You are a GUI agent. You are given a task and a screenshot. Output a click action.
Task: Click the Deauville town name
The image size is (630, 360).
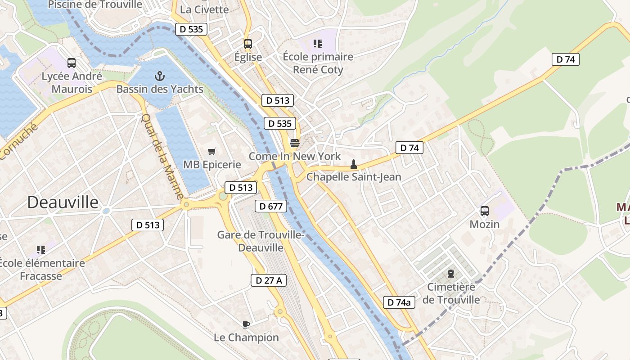pos(63,202)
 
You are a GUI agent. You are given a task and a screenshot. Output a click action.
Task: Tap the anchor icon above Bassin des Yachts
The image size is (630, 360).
pos(159,76)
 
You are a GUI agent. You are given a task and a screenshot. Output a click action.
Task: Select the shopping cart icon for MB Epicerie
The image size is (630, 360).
pos(211,151)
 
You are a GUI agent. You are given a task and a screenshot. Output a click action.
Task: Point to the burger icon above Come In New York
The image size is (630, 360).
pos(295,143)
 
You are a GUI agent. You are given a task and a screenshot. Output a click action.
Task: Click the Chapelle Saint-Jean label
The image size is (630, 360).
pos(354,177)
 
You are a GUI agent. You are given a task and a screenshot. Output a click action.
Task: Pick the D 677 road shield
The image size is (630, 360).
pos(271,207)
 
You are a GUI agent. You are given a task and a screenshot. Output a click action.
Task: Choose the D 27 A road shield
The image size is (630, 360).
pos(269,280)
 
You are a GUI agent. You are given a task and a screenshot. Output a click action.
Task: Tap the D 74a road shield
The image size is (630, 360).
pos(399,302)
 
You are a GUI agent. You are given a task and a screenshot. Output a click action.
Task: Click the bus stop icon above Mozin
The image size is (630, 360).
pos(485,211)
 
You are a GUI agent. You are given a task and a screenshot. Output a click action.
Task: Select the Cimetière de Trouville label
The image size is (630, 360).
pos(451,293)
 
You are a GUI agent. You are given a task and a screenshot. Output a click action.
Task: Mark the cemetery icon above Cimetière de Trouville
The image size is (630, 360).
pos(450,273)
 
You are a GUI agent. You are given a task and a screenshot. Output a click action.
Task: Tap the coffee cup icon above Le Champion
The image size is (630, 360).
pos(246,324)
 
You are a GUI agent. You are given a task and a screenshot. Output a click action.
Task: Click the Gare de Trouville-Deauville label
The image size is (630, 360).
pos(261,241)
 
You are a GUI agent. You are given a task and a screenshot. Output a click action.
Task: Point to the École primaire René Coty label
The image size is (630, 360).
pos(318,63)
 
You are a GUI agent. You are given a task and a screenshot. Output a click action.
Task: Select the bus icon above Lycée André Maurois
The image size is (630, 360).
pos(71,63)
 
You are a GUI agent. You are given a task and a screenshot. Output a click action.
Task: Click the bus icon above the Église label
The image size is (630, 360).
pos(248,44)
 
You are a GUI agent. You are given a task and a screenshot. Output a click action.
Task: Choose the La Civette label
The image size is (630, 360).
pos(204,9)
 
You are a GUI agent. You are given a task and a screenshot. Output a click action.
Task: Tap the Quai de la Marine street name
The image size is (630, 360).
pos(162,156)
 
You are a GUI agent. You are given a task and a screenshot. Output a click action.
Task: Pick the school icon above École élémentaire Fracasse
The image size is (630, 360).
pos(41,249)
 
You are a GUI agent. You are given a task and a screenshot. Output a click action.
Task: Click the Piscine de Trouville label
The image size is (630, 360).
pos(95,5)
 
